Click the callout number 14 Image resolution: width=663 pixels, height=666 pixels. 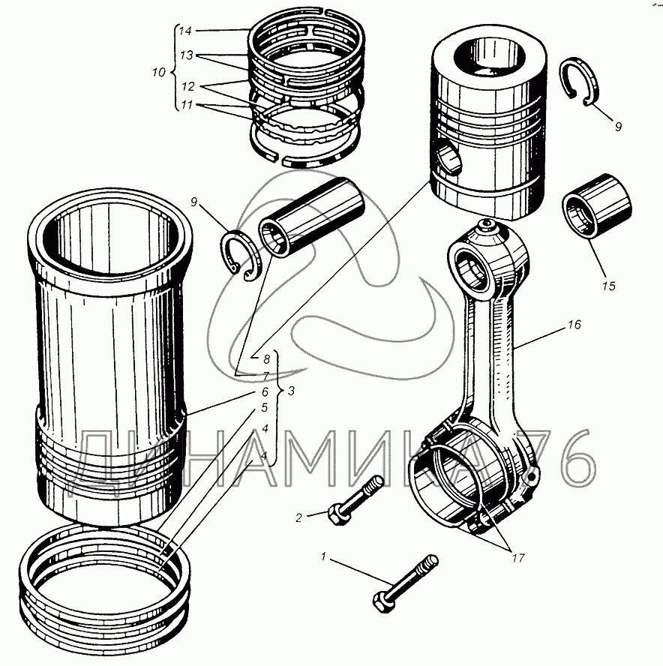pyautogui.click(x=185, y=31)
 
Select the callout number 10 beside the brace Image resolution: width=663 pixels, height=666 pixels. pyautogui.click(x=157, y=73)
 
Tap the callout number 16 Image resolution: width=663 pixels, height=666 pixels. pyautogui.click(x=575, y=325)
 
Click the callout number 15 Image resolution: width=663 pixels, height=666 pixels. pyautogui.click(x=608, y=286)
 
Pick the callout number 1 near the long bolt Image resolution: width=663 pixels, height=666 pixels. pyautogui.click(x=323, y=557)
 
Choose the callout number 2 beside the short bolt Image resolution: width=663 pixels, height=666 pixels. pyautogui.click(x=298, y=517)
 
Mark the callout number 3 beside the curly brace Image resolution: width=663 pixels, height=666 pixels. pyautogui.click(x=292, y=391)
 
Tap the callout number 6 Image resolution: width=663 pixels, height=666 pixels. pyautogui.click(x=265, y=391)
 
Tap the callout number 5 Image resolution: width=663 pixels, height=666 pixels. pyautogui.click(x=265, y=408)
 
